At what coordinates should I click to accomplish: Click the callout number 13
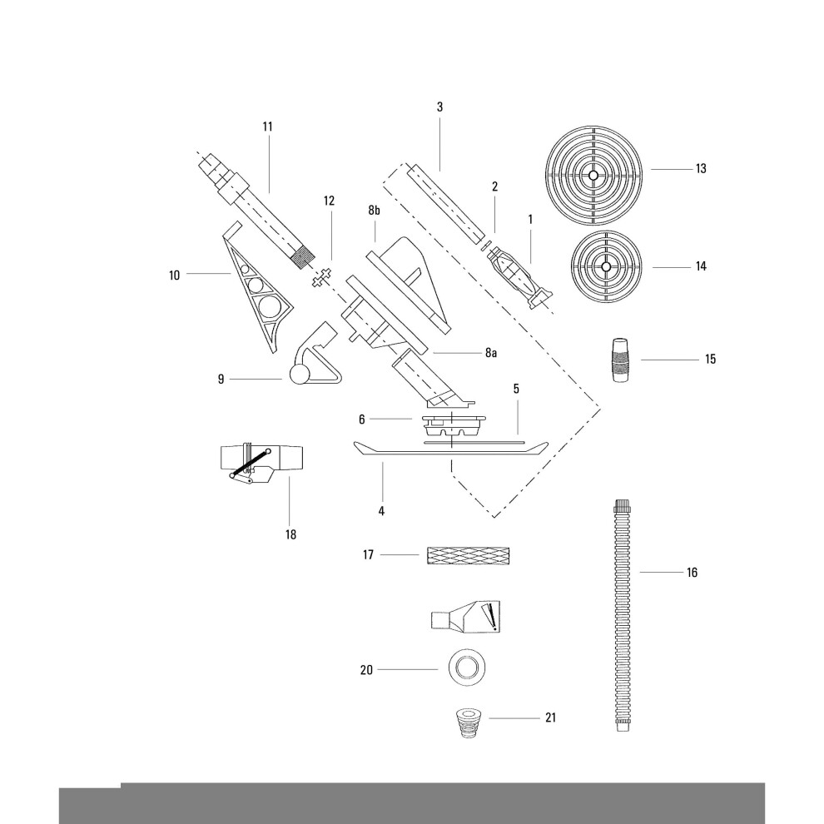(x=701, y=169)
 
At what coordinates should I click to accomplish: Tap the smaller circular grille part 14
(x=607, y=266)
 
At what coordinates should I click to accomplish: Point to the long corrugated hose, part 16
(x=622, y=616)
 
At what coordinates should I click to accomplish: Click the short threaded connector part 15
(x=620, y=360)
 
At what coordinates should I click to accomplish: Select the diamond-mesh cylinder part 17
(x=469, y=555)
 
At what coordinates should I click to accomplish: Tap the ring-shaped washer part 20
(x=467, y=668)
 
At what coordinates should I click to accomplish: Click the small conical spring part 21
(x=468, y=723)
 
